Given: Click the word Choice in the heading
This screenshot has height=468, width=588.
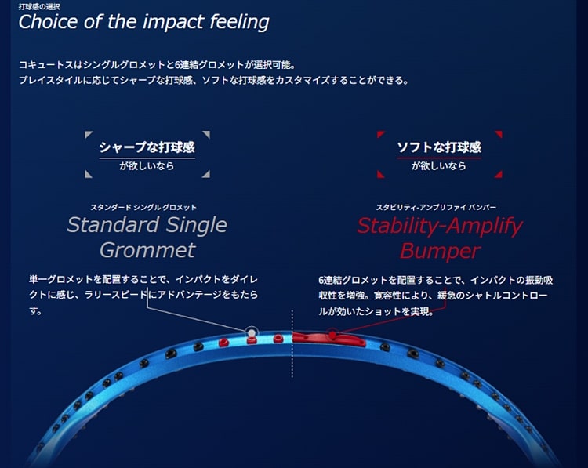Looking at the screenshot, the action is (x=49, y=22).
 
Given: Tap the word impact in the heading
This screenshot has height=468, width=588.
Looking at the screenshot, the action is (x=173, y=23).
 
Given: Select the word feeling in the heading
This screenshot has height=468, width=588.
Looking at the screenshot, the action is (x=239, y=23).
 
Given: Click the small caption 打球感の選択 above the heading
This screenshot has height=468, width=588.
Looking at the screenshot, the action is (x=39, y=7).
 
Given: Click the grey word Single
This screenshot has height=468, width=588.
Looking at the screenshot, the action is (x=197, y=225).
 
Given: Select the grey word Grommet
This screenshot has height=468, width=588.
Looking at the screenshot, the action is (x=147, y=250).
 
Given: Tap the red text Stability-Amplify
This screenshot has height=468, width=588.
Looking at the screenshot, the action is (x=440, y=226).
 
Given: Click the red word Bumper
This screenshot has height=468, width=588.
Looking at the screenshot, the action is (x=440, y=251).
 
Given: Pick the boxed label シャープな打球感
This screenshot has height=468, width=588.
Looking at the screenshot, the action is (x=147, y=147).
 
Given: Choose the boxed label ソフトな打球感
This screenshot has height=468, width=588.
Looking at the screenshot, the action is (x=439, y=147).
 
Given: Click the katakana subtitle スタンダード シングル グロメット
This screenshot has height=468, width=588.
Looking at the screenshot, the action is (x=143, y=207).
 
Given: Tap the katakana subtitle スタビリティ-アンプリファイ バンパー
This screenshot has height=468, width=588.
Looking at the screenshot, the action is (x=436, y=207).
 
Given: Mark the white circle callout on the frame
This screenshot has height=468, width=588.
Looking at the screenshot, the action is (x=251, y=332).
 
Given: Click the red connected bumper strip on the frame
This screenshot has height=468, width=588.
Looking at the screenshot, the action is (x=328, y=338).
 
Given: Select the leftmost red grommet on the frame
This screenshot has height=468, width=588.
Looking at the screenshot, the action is (x=223, y=342).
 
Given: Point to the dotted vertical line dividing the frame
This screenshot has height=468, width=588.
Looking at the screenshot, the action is (x=292, y=343).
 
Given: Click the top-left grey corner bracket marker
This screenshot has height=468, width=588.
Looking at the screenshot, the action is (x=88, y=134).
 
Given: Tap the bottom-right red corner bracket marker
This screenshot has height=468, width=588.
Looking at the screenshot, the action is (x=499, y=174).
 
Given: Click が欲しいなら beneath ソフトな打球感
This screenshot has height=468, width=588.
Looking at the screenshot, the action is (x=439, y=165).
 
